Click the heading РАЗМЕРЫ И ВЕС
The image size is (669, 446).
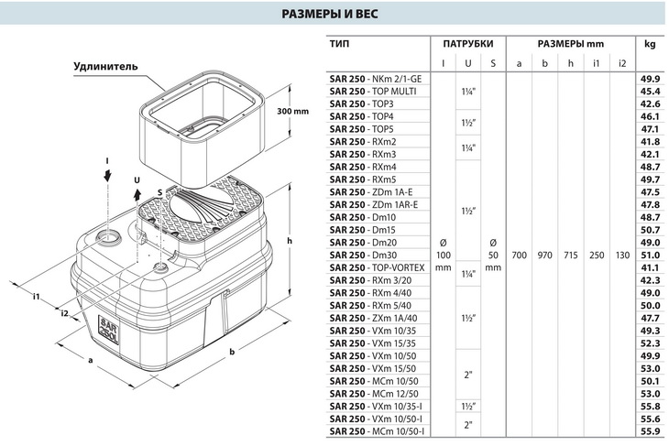point(334,16)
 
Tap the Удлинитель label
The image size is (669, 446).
point(105,67)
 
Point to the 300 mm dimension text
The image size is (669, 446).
point(292,111)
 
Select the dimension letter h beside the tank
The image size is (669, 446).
point(289,241)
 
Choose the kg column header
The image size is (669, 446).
point(650,43)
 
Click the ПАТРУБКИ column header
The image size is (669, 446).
point(468,43)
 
